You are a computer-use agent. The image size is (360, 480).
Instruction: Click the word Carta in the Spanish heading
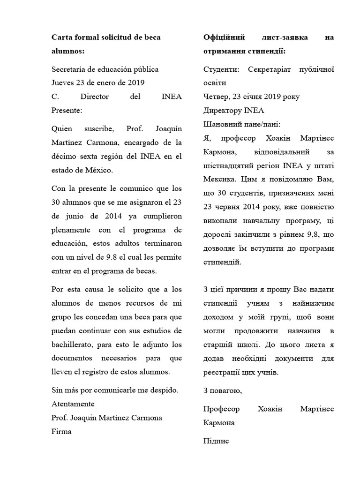click(61, 37)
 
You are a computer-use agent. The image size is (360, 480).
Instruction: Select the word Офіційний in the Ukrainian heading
click(223, 37)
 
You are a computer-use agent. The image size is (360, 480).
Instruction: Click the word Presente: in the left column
click(67, 111)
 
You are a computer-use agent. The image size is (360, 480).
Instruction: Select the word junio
click(75, 217)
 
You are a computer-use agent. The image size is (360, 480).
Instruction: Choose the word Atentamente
click(73, 404)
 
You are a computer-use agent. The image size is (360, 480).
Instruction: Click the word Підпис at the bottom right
click(216, 442)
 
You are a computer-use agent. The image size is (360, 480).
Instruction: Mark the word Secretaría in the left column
click(70, 69)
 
